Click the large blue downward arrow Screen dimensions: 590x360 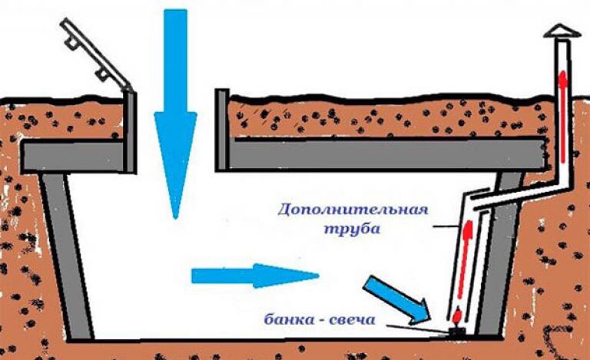[x=175, y=113]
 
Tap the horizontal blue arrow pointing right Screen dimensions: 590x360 [x=255, y=276]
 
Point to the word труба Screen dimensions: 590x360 [x=352, y=229]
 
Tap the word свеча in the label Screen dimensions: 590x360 [x=352, y=320]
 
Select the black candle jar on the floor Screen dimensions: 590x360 [x=458, y=331]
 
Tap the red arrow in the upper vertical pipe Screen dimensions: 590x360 [x=562, y=117]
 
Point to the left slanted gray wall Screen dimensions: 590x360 [x=66, y=256]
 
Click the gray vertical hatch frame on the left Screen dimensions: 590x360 [x=130, y=132]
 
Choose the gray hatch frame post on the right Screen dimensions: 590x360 [x=222, y=130]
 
